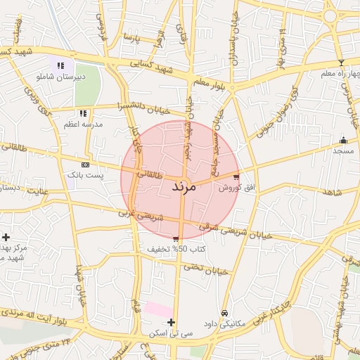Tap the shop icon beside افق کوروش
[x=236, y=177]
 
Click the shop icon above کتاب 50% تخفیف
[x=175, y=240]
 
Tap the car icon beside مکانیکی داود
[x=224, y=313]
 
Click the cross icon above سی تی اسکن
[x=171, y=322]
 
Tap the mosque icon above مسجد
[x=343, y=140]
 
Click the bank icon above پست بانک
[x=86, y=164]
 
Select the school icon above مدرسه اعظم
[x=83, y=112]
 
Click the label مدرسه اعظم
[x=83, y=123]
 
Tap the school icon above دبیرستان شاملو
[x=70, y=65]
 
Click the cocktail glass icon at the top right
[x=342, y=4]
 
